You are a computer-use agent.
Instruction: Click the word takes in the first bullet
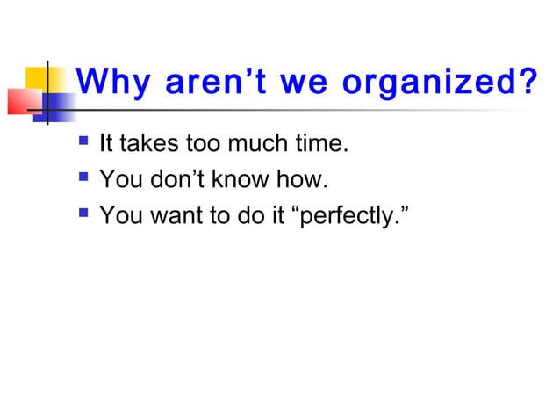(140, 143)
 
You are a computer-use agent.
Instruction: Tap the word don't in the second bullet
(171, 181)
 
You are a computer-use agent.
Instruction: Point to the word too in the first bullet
(191, 143)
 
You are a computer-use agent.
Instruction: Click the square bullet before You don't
(83, 178)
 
